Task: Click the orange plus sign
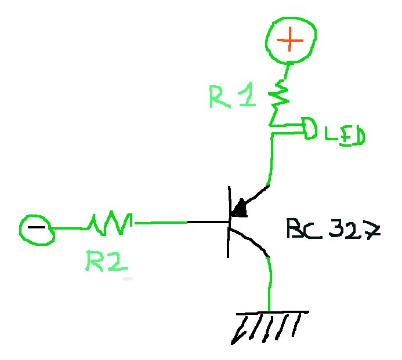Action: [x=290, y=40]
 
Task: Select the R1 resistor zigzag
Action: [x=280, y=95]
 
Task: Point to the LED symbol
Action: [x=308, y=129]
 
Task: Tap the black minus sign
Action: [x=36, y=227]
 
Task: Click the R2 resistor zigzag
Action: [x=110, y=223]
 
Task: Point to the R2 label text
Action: [x=105, y=261]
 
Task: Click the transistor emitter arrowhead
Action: [x=239, y=208]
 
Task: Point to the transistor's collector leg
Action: [x=249, y=241]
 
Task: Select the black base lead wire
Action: [x=206, y=222]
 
